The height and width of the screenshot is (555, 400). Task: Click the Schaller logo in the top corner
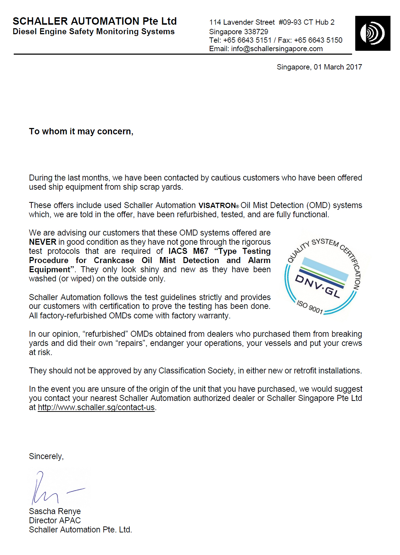(x=373, y=33)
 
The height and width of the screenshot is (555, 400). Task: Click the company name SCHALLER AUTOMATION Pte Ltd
(x=94, y=21)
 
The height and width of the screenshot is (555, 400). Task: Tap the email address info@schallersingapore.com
(x=277, y=49)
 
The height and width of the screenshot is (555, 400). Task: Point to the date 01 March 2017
(x=338, y=67)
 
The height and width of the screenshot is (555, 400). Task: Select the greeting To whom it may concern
(x=81, y=132)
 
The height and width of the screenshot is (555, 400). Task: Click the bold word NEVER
(x=43, y=242)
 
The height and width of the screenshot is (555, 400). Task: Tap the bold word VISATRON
(x=217, y=206)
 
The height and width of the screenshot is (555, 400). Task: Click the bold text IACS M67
(x=188, y=251)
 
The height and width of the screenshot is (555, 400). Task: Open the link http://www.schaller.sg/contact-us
(x=96, y=407)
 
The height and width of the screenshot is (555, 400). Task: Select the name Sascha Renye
(x=55, y=511)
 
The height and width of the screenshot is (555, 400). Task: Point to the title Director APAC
(x=55, y=520)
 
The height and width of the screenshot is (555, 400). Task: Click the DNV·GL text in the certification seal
(x=318, y=286)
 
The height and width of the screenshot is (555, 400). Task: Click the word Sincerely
(x=46, y=456)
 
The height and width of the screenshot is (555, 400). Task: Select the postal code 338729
(x=256, y=31)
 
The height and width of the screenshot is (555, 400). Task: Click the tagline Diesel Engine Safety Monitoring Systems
(x=93, y=32)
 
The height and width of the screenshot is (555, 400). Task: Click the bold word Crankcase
(x=114, y=260)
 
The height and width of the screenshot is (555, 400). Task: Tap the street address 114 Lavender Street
(x=242, y=22)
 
